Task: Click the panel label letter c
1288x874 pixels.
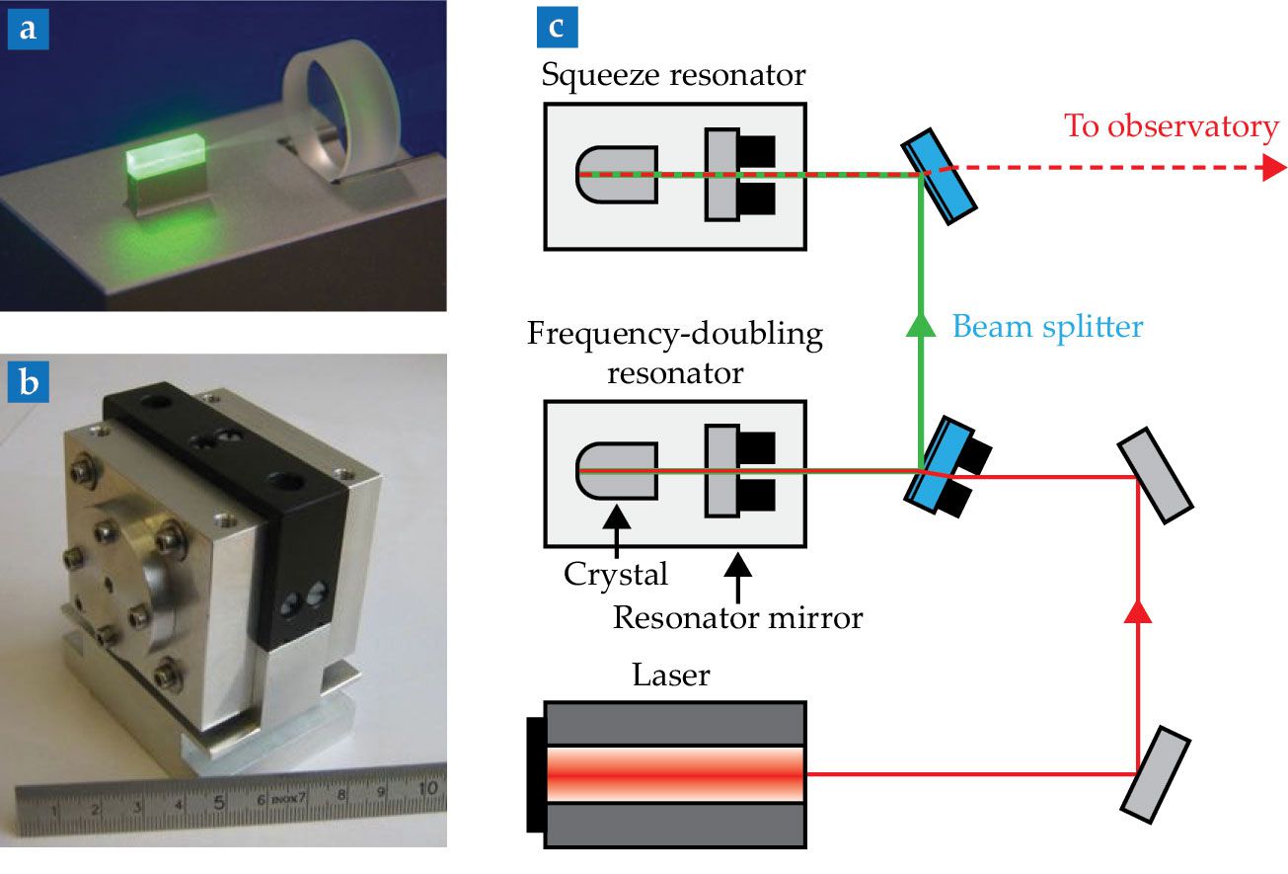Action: tap(557, 28)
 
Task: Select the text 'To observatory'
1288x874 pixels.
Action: tap(1171, 126)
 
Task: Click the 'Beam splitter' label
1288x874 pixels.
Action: tap(1047, 326)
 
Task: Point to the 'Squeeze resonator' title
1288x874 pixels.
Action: tap(673, 73)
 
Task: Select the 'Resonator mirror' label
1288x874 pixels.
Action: tap(737, 618)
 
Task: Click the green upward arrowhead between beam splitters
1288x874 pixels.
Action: tap(921, 325)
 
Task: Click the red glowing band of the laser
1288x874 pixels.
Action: tap(674, 773)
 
